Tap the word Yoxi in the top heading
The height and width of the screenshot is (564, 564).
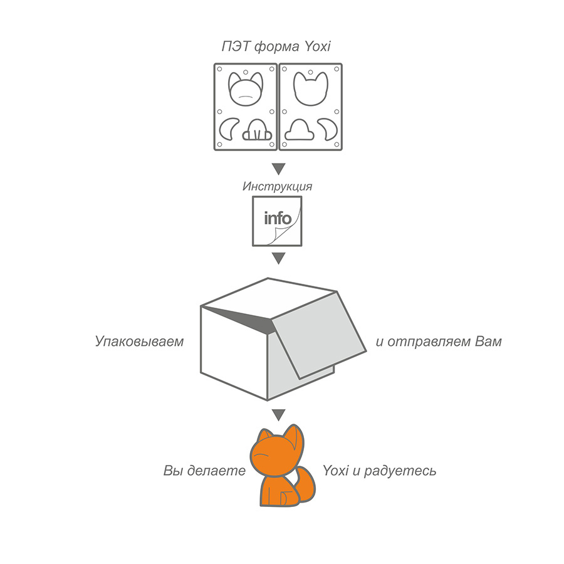pos(318,46)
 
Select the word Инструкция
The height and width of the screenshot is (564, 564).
pos(277,186)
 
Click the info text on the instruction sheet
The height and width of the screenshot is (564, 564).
pos(278,218)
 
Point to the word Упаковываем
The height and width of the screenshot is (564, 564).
pos(139,341)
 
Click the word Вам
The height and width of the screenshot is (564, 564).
pos(488,341)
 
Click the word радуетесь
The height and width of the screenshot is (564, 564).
pos(400,471)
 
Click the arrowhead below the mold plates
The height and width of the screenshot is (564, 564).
pos(278,169)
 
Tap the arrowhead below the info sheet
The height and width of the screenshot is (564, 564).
pos(278,258)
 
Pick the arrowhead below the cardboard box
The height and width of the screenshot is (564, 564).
pos(278,414)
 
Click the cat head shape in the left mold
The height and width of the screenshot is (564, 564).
pos(246,89)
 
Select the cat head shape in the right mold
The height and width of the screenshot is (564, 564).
pos(311,88)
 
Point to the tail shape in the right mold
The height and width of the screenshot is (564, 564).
pos(328,129)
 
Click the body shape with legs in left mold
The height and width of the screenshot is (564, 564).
pos(257,130)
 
